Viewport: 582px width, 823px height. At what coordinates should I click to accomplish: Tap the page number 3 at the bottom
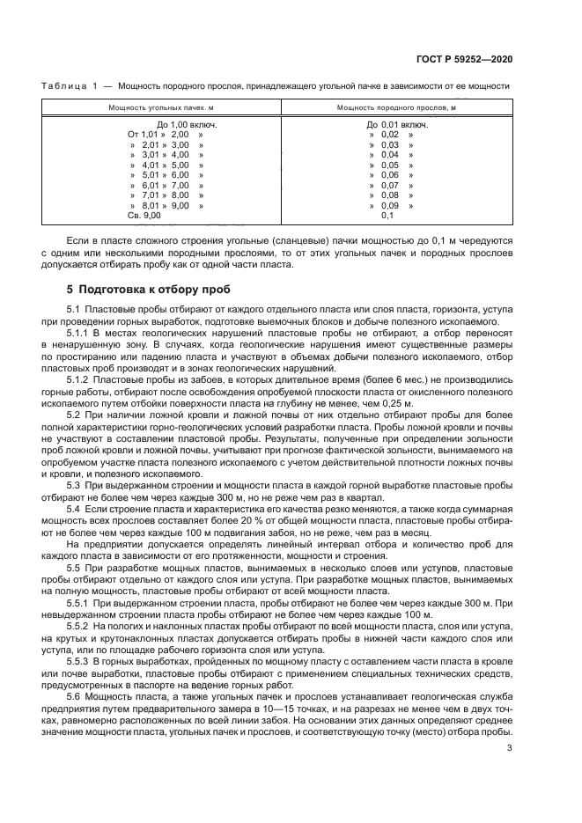pyautogui.click(x=510, y=749)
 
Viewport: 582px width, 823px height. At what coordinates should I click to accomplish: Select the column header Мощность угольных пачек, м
pyautogui.click(x=161, y=107)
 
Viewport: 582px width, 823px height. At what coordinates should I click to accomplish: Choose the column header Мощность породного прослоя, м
pyautogui.click(x=396, y=107)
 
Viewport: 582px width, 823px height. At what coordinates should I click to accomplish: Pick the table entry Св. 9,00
pyautogui.click(x=144, y=215)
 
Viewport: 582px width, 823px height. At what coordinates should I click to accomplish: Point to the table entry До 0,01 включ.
pyautogui.click(x=397, y=124)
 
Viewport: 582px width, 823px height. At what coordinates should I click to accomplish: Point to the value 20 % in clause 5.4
pyautogui.click(x=232, y=519)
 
